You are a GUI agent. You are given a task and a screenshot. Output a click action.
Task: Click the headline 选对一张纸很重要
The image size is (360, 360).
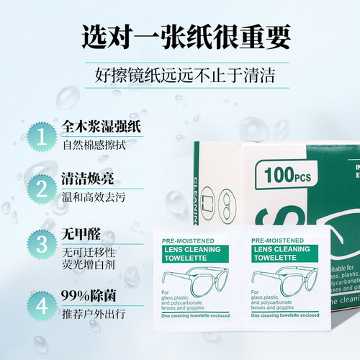179,35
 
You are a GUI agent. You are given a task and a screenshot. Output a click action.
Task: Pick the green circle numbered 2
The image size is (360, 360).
42,189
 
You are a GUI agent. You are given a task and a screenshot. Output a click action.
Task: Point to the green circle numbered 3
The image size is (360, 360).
42,243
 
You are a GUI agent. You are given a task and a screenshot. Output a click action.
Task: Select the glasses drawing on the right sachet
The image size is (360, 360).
282,280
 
